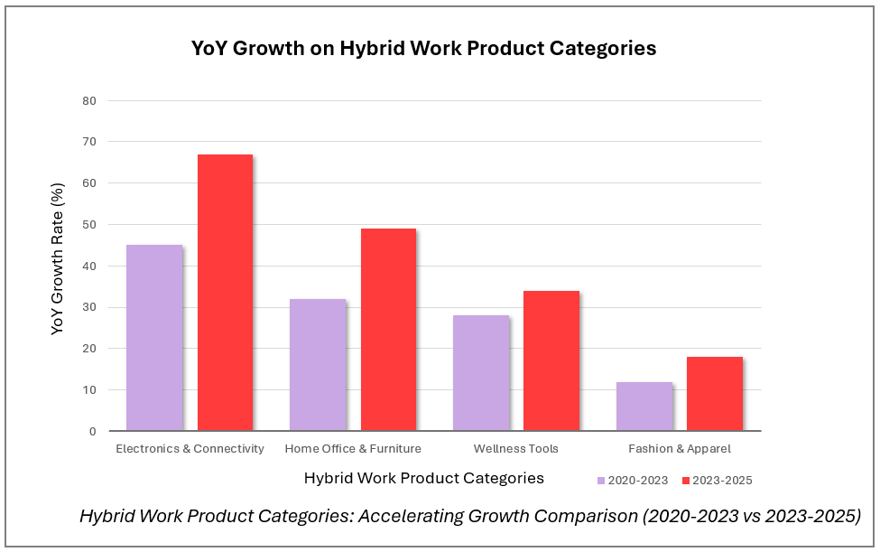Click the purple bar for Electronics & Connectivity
(x=154, y=338)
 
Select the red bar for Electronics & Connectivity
(x=225, y=293)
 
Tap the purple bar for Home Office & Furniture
(x=318, y=365)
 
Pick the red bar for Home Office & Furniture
(x=388, y=330)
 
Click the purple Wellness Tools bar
(x=481, y=373)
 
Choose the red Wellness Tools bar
(x=551, y=360)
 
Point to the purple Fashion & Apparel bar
(x=644, y=407)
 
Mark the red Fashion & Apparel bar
(x=715, y=394)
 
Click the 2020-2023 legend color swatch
(x=601, y=481)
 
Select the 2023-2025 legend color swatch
(x=686, y=481)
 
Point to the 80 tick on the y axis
(x=89, y=100)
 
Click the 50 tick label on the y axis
(x=89, y=224)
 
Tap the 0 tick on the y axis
(x=92, y=431)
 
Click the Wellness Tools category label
(x=515, y=449)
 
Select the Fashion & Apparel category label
(x=680, y=449)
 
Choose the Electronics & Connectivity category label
(x=190, y=449)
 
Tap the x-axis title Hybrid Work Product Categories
(x=424, y=478)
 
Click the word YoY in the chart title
(x=214, y=49)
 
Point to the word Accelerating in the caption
(x=409, y=516)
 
